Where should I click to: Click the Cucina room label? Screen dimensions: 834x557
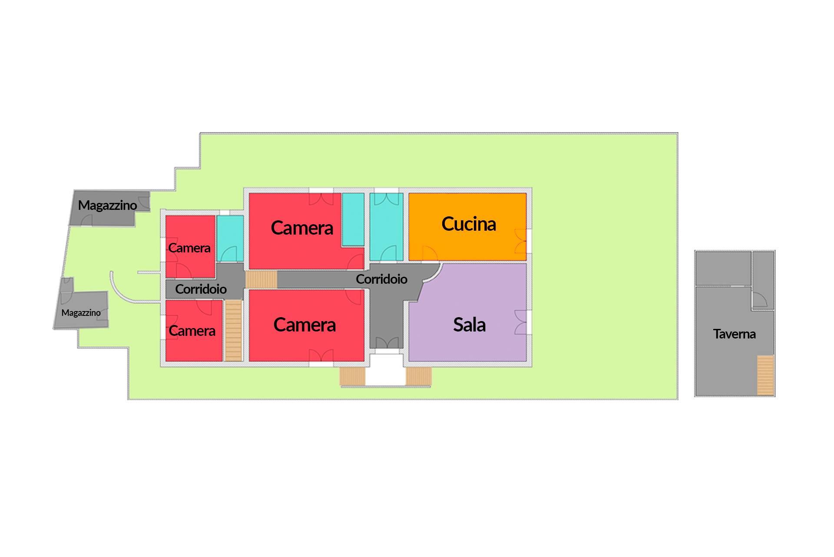(469, 224)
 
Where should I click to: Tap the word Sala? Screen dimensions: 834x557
(469, 325)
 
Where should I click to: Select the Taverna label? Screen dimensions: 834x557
(734, 334)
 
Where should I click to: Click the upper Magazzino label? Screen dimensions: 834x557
(107, 205)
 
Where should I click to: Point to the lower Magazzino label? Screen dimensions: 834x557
(81, 312)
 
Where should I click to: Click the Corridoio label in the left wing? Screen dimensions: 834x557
(201, 289)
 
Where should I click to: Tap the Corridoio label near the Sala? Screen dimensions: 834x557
(381, 279)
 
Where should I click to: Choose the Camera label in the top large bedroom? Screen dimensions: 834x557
(302, 228)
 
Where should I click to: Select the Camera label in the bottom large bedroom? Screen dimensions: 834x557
(304, 325)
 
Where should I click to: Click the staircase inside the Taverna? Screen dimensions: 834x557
(765, 375)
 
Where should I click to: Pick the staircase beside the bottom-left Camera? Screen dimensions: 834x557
(234, 330)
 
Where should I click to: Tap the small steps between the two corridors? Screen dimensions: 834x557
(261, 279)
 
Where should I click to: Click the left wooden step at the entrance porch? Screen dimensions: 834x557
(352, 376)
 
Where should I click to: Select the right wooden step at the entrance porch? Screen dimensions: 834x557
(419, 376)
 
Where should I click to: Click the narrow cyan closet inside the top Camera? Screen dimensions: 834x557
(353, 219)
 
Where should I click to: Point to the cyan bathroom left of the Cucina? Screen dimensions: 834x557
(387, 227)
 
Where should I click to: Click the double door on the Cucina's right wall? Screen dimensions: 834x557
(521, 241)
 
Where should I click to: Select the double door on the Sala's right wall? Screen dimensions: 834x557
(521, 322)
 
